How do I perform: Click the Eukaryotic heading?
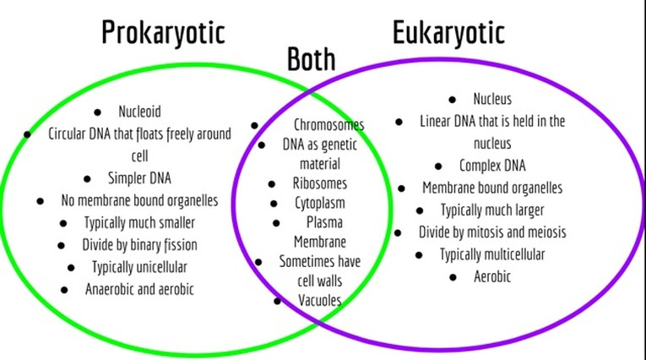pyautogui.click(x=448, y=32)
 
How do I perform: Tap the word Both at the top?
pyautogui.click(x=311, y=59)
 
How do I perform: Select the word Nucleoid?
pyautogui.click(x=139, y=111)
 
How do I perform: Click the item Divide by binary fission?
pyautogui.click(x=139, y=245)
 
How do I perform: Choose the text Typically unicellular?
pyautogui.click(x=139, y=267)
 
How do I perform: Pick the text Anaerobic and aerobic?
pyautogui.click(x=139, y=289)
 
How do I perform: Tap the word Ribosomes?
pyautogui.click(x=318, y=183)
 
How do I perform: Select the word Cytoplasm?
pyautogui.click(x=319, y=203)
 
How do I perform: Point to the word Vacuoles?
pyautogui.click(x=319, y=300)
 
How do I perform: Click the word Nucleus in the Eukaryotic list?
pyautogui.click(x=491, y=99)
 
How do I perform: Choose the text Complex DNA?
pyautogui.click(x=491, y=165)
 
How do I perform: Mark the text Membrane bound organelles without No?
pyautogui.click(x=491, y=188)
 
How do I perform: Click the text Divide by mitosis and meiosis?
pyautogui.click(x=491, y=232)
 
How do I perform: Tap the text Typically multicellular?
pyautogui.click(x=491, y=254)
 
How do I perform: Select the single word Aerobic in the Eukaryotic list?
pyautogui.click(x=491, y=275)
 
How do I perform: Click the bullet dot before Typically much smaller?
pyautogui.click(x=64, y=223)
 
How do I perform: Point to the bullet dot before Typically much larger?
pyautogui.click(x=420, y=210)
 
